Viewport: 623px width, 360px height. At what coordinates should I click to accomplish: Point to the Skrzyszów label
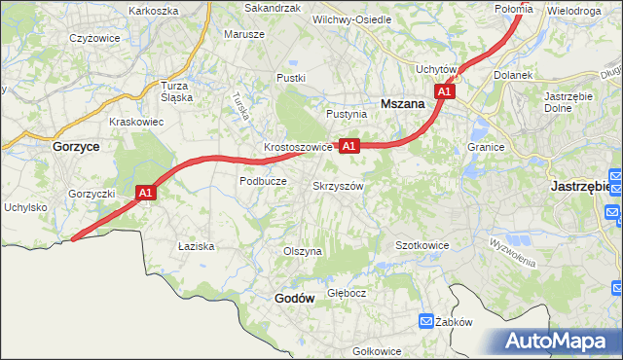[x=339, y=186]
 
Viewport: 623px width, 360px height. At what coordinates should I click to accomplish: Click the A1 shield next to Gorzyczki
[x=145, y=193]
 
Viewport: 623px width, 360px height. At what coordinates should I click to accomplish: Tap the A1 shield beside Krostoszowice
[x=349, y=146]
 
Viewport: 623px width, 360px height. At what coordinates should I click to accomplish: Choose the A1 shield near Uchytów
[x=444, y=91]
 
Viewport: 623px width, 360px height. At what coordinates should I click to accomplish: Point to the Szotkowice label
[x=421, y=245]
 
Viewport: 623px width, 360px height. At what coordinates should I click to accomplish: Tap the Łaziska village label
[x=196, y=246]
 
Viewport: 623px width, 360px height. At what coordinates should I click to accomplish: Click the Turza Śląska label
[x=175, y=90]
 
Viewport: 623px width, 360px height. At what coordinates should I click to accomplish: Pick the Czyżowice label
[x=94, y=38]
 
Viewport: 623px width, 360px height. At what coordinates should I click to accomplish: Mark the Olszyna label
[x=302, y=251]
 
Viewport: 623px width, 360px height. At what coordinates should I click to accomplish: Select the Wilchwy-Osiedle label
[x=351, y=19]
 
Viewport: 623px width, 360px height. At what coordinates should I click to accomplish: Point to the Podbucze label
[x=262, y=181]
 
